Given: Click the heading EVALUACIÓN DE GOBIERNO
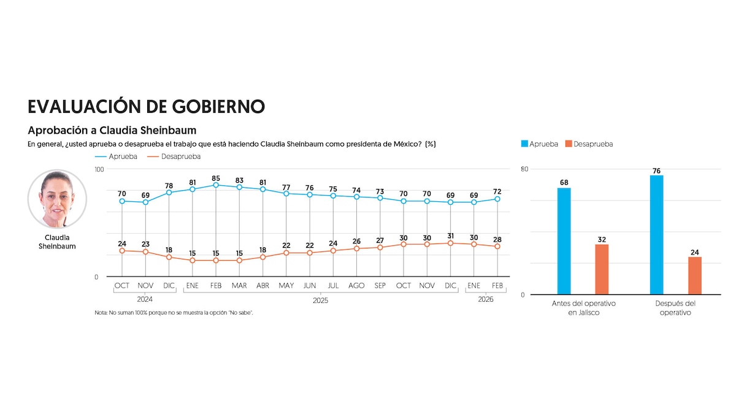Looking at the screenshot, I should (x=146, y=106).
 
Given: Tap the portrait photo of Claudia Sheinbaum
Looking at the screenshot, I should (x=57, y=199).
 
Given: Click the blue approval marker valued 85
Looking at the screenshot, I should (x=216, y=185).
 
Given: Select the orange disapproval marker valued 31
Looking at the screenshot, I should (x=450, y=243).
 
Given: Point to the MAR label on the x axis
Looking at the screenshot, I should (x=239, y=286).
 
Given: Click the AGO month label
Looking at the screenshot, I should (x=356, y=286).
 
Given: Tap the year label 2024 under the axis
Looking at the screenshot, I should (x=145, y=300).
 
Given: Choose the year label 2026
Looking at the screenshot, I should (x=485, y=300).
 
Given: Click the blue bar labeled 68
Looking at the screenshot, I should (x=564, y=241).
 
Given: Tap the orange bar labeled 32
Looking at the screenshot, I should (x=602, y=269).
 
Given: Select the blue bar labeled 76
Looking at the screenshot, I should (x=657, y=235).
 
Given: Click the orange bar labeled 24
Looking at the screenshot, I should (x=695, y=275).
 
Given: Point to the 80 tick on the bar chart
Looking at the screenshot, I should (x=524, y=169).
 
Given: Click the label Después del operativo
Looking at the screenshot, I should (x=675, y=308).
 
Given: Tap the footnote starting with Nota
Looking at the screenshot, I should (x=174, y=313).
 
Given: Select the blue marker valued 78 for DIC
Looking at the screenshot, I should (x=169, y=193).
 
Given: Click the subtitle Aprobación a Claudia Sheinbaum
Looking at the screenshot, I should (x=112, y=131).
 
